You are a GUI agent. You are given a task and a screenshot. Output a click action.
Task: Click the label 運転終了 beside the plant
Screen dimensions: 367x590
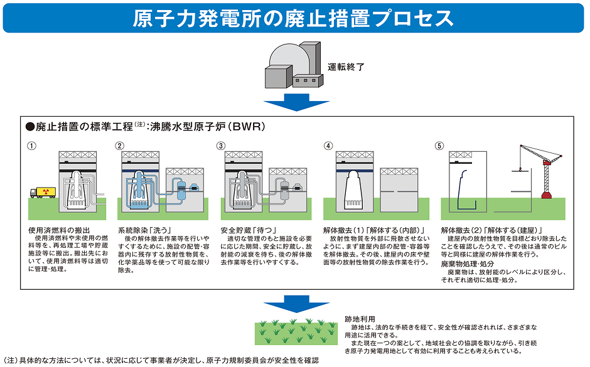pos(346,66)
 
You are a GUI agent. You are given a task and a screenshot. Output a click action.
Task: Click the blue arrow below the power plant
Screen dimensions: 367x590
pos(292,103)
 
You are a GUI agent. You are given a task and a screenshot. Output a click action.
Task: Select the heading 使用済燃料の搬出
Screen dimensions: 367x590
pos(60,230)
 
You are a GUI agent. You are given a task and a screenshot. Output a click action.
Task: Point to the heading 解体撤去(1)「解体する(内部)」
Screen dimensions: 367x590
pos(374,230)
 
